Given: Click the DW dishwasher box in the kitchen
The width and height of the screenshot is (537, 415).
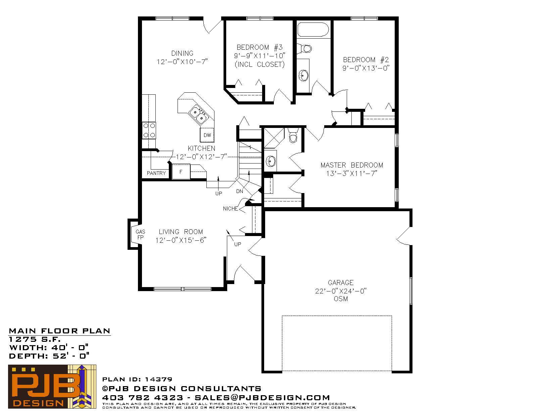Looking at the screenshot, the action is tap(207, 135).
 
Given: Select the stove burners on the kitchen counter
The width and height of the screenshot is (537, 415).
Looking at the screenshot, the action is tap(149, 130).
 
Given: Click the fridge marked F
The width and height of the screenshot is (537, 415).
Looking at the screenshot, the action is tap(181, 172).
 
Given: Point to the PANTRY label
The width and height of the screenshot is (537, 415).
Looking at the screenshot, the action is tap(156, 173).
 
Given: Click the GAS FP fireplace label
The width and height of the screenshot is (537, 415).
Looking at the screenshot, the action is tap(140, 235).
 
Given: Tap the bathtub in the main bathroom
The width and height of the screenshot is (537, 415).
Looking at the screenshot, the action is tap(313, 30).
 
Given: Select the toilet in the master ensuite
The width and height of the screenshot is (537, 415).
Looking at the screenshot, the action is tap(293, 135).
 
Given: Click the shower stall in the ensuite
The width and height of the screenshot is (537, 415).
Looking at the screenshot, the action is tap(274, 138).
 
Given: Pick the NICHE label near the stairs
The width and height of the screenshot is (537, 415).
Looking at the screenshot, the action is tap(230, 209).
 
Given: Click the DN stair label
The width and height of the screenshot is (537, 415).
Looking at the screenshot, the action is tap(239, 191).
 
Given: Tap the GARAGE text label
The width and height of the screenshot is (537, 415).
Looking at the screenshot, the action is tap(341, 282).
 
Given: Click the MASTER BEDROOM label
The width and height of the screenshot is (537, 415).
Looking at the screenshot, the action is tap(352, 165).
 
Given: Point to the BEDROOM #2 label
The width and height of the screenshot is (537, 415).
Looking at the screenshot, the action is tap(366, 59).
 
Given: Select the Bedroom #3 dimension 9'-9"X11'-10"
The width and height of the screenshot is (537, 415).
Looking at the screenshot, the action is tap(259, 56).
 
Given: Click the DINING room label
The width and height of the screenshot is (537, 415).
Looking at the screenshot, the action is tap(182, 53).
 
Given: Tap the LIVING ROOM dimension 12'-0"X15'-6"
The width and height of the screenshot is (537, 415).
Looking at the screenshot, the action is tap(181, 240).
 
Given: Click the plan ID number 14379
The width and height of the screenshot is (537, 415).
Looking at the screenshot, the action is tap(158, 379).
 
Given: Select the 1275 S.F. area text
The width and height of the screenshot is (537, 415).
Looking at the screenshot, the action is tap(35, 339).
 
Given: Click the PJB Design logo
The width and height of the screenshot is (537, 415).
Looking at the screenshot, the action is tap(52, 386).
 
